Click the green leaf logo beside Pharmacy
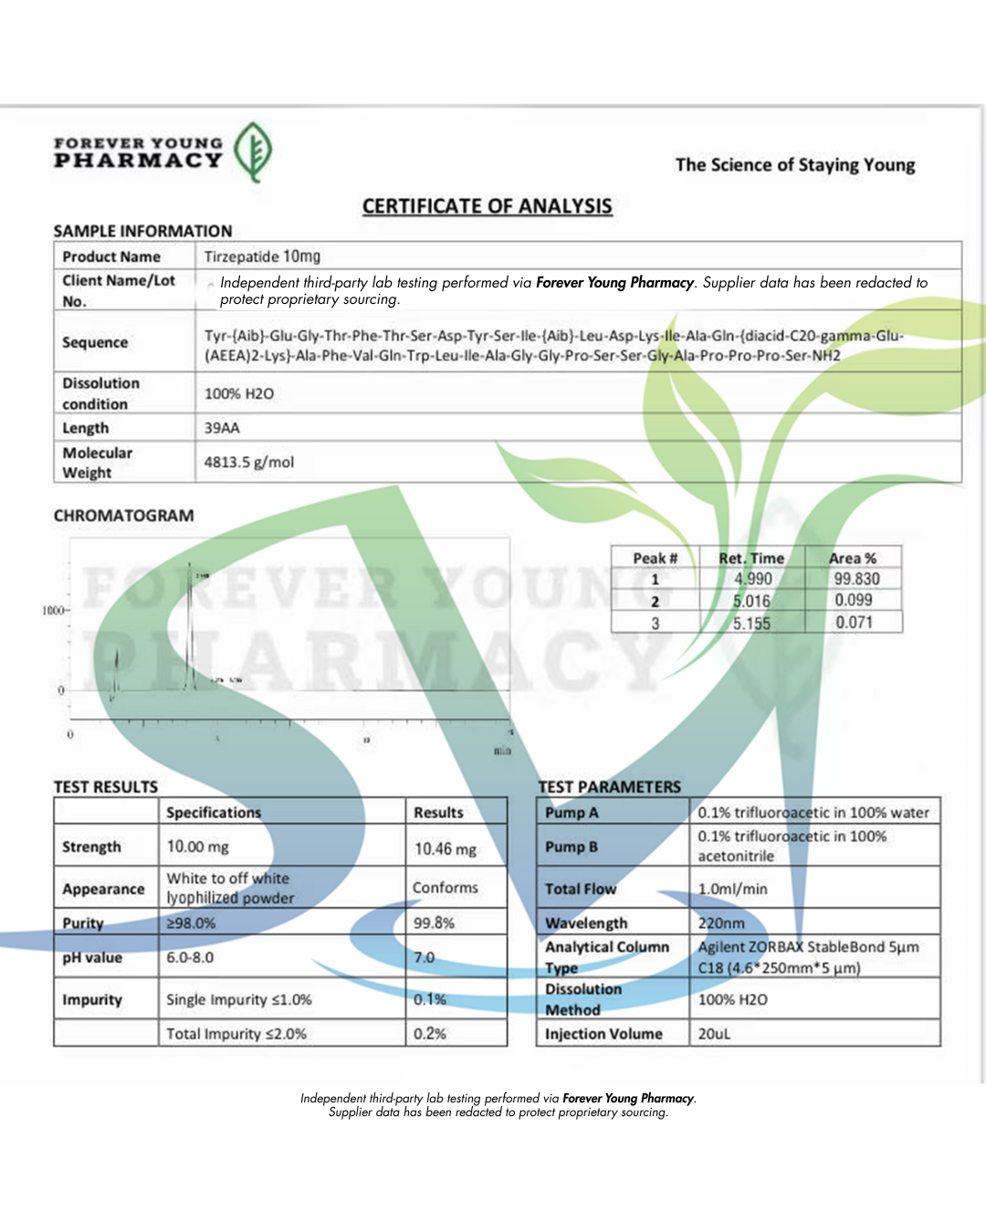click(253, 151)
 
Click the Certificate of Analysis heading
click(487, 206)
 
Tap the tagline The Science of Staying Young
click(794, 165)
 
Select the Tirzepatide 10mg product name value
click(262, 256)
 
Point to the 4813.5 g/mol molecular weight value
click(248, 462)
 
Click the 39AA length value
click(222, 428)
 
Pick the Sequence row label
click(95, 342)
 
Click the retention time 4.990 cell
click(752, 579)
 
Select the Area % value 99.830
click(855, 579)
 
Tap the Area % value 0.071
click(854, 622)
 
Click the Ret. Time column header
click(750, 558)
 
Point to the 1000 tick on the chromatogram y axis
click(54, 610)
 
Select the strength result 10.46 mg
click(445, 849)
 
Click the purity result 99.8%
click(434, 923)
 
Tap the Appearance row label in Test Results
click(103, 889)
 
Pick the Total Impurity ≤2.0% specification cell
click(236, 1034)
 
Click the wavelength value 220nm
click(721, 923)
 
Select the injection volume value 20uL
click(714, 1034)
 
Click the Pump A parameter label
click(572, 812)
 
